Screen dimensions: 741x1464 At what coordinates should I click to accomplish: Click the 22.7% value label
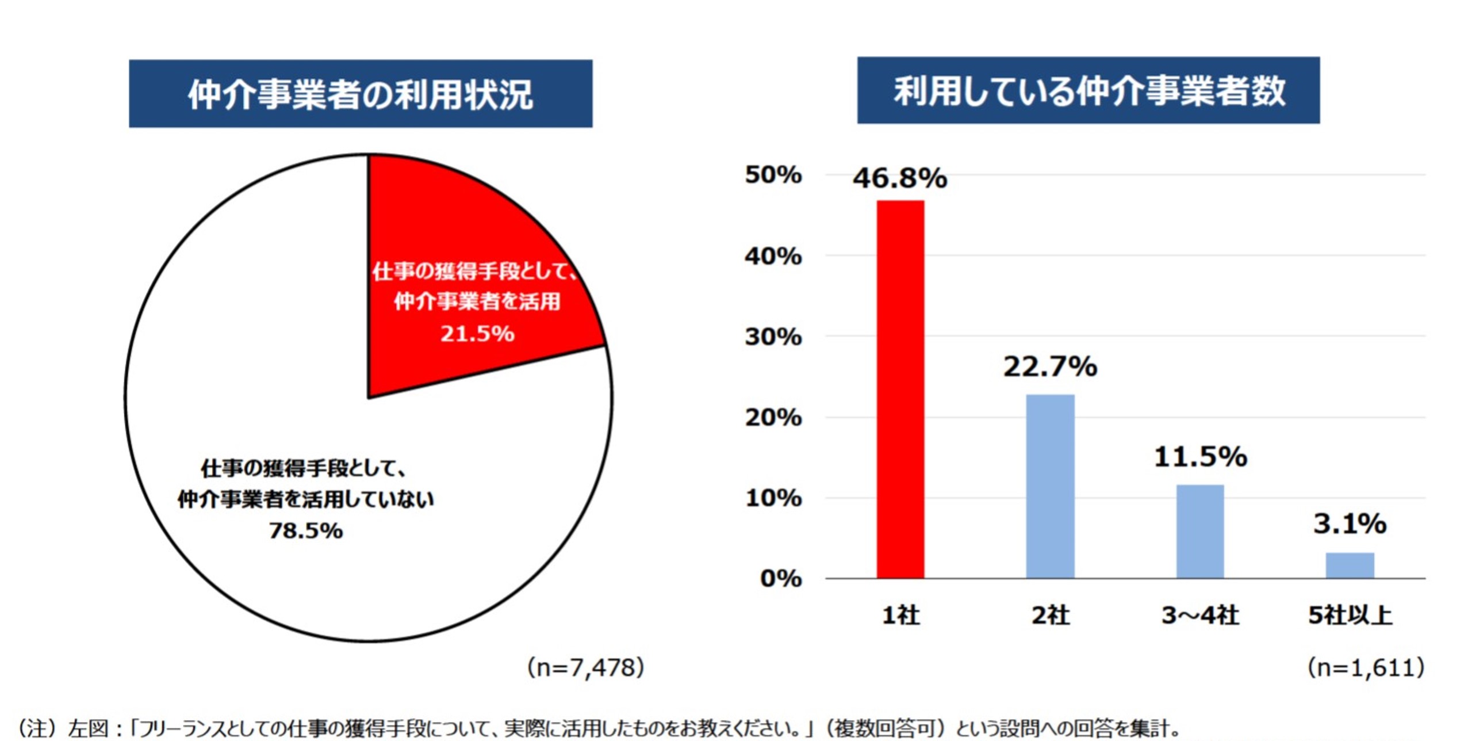click(1050, 366)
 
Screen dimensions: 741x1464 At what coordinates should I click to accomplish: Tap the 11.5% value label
click(1200, 457)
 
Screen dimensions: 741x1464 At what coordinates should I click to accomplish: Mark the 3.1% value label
click(1350, 524)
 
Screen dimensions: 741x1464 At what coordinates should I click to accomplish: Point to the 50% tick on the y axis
click(773, 175)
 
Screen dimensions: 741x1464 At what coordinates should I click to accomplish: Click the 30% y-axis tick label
click(773, 337)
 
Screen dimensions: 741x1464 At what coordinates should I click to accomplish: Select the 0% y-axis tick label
click(780, 578)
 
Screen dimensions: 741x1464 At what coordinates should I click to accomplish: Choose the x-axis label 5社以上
click(1350, 616)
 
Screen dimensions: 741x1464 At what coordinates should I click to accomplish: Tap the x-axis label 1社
click(900, 616)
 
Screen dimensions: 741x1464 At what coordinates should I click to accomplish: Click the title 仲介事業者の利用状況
click(361, 94)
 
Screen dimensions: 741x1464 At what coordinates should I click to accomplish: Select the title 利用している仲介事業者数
click(1089, 91)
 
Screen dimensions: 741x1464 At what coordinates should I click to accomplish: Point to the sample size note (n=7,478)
click(585, 668)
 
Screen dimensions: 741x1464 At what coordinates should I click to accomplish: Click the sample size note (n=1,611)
click(1365, 668)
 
